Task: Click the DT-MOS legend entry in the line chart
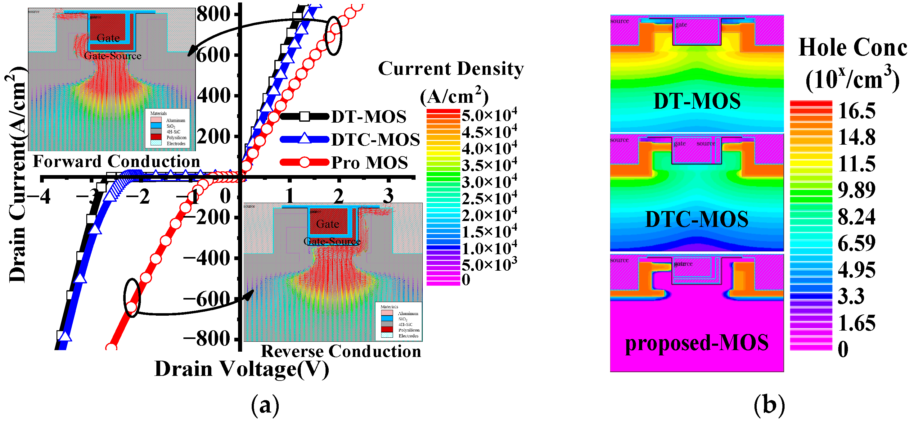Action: [x=368, y=117]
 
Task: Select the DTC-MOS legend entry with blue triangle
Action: [x=376, y=139]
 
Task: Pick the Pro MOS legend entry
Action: [x=369, y=163]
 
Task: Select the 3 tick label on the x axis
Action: [x=389, y=195]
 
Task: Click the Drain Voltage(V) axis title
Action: [x=242, y=369]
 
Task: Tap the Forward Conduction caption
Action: [x=116, y=161]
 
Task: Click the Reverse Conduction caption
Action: [x=341, y=351]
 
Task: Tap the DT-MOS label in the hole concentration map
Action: [x=697, y=101]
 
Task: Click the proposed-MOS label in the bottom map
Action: [x=697, y=343]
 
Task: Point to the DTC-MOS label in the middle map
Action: [x=697, y=219]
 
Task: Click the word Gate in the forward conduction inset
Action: [x=108, y=38]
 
